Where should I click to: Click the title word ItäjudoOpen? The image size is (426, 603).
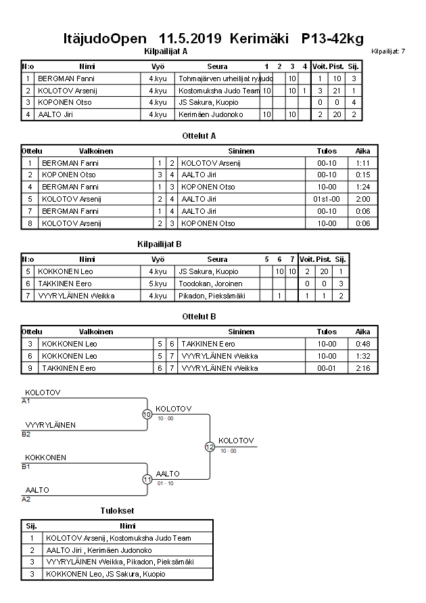tap(107, 39)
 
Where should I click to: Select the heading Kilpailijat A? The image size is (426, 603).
tap(166, 51)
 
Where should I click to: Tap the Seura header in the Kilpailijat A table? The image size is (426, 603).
tap(217, 66)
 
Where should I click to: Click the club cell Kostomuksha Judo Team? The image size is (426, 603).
tap(219, 91)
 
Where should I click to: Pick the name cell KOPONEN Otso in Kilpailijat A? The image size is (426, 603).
tap(65, 102)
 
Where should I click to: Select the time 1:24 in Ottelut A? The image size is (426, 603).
tap(362, 187)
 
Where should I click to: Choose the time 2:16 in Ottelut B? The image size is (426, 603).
tap(362, 368)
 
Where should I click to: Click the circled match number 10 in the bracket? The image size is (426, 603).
tap(147, 414)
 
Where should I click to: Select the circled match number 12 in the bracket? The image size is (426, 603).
tap(210, 447)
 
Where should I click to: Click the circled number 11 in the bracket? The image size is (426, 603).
tap(147, 479)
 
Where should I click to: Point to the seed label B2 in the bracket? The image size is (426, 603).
tap(26, 434)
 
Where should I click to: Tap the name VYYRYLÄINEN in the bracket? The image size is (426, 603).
tap(51, 425)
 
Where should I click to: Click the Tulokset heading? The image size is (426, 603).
tap(118, 510)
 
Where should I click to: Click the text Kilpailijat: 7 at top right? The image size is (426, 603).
tap(388, 51)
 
